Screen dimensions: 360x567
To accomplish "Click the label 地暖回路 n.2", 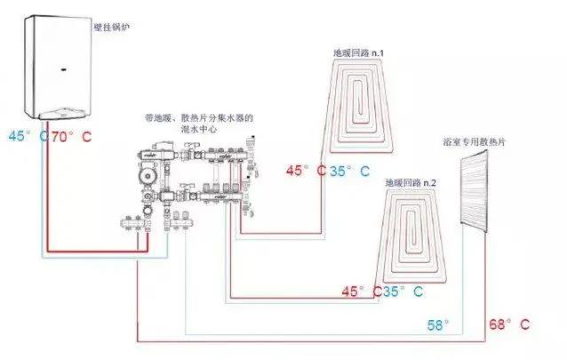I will tap(411, 182).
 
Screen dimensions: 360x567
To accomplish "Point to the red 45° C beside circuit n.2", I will tap(361, 291).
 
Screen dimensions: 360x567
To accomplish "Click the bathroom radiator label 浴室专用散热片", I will tap(473, 142).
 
